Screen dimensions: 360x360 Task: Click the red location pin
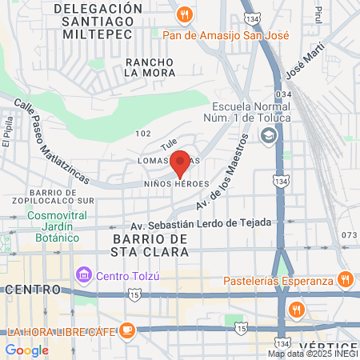click(180, 163)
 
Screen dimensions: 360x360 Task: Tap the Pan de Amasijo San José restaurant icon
click(186, 14)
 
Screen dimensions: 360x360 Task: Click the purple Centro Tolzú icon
click(83, 276)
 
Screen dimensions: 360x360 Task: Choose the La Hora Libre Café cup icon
click(127, 330)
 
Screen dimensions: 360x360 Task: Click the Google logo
click(26, 350)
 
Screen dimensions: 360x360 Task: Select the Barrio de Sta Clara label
click(150, 246)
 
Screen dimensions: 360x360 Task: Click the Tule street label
click(168, 144)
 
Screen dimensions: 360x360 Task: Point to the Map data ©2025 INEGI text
click(313, 354)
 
